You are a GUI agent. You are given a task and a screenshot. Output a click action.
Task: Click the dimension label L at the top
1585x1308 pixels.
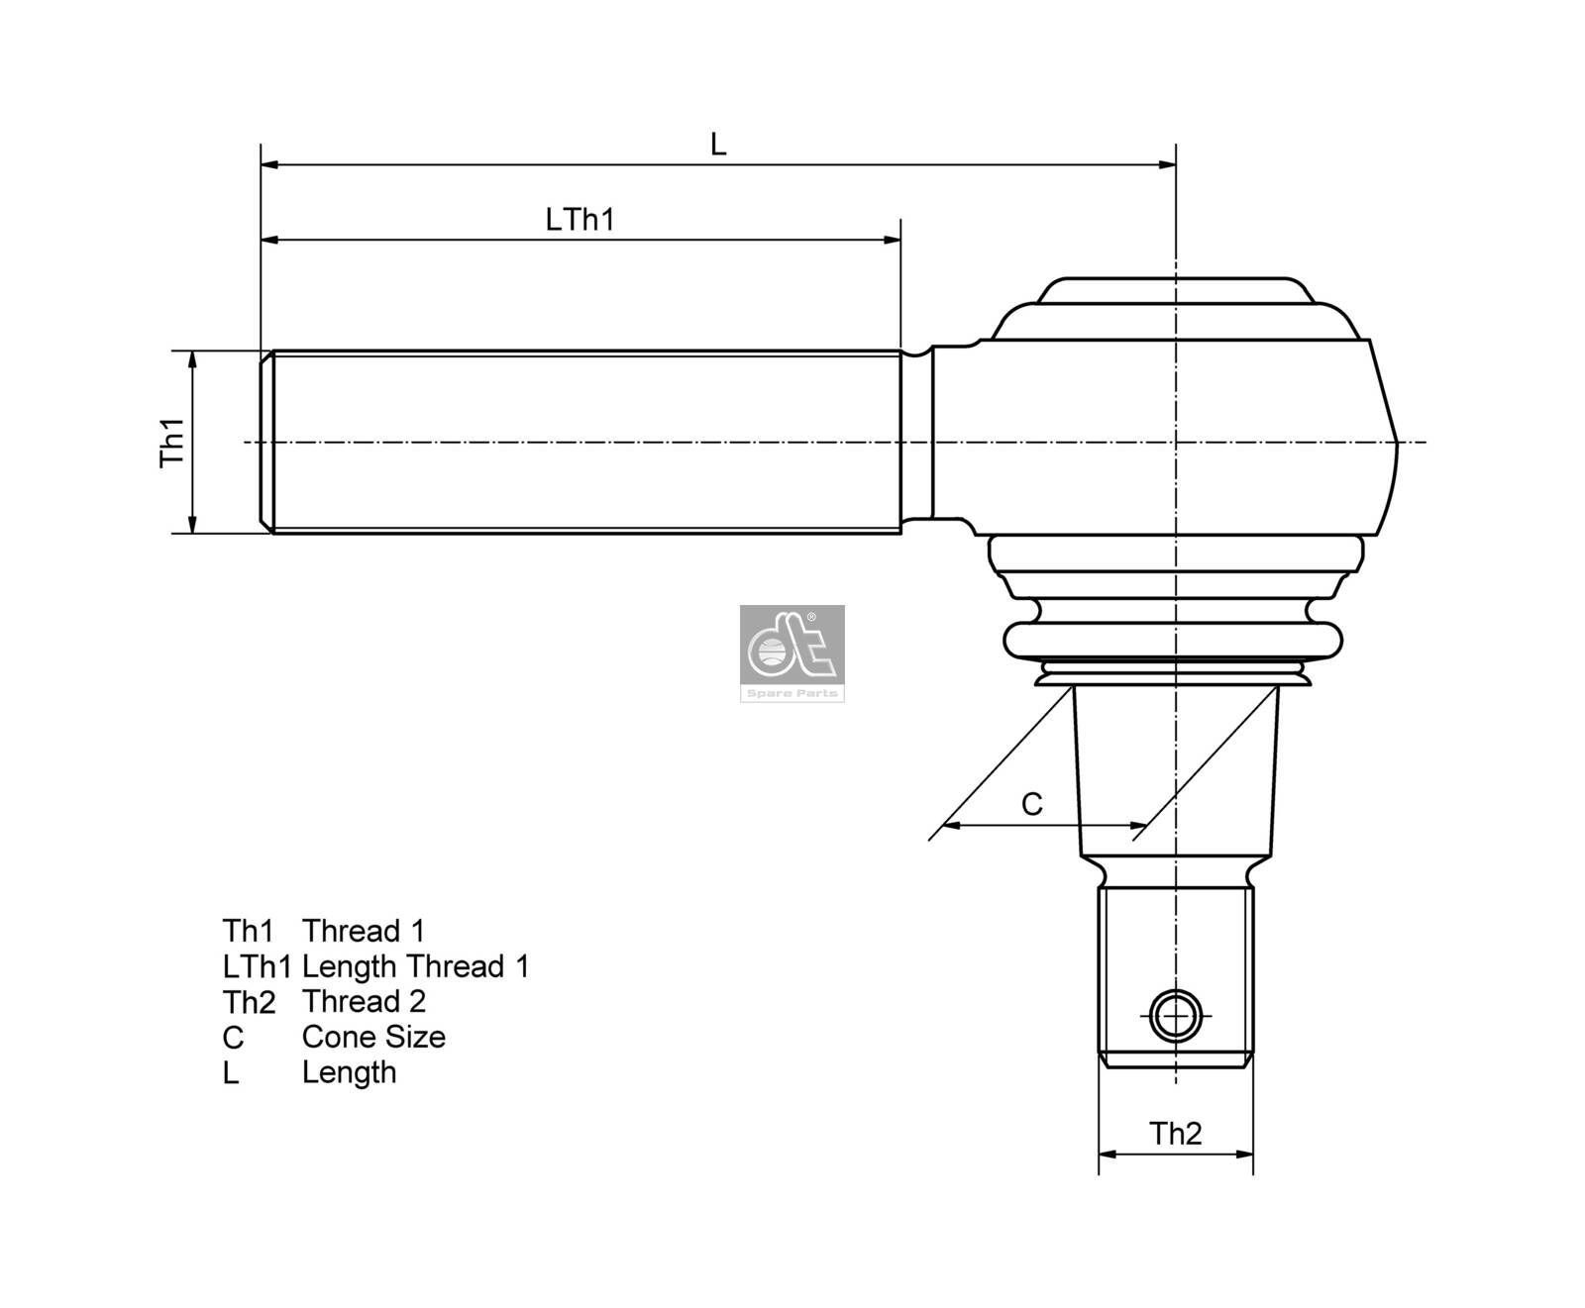point(718,146)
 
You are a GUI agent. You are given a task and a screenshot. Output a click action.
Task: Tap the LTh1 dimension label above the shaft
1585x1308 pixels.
point(580,220)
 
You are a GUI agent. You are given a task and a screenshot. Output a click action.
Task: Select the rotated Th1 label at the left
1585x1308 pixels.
point(173,442)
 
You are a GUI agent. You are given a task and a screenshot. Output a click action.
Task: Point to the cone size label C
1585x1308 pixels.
point(1031,804)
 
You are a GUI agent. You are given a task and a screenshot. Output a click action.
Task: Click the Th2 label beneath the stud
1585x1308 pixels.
point(1175,1134)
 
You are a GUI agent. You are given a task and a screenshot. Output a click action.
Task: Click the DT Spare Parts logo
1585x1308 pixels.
point(792,654)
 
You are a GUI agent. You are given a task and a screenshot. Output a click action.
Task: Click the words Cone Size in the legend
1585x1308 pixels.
point(373,1037)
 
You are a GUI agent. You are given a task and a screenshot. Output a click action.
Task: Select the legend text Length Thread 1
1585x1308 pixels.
point(415,966)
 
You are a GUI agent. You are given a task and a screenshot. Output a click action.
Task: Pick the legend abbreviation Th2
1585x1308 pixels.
point(249,1002)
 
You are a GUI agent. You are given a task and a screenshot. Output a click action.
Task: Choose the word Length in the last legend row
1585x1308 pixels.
point(349,1072)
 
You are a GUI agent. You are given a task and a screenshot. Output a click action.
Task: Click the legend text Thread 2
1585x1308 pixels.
point(364,1001)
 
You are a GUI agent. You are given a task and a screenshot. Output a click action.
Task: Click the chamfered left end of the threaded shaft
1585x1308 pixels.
point(266,442)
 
